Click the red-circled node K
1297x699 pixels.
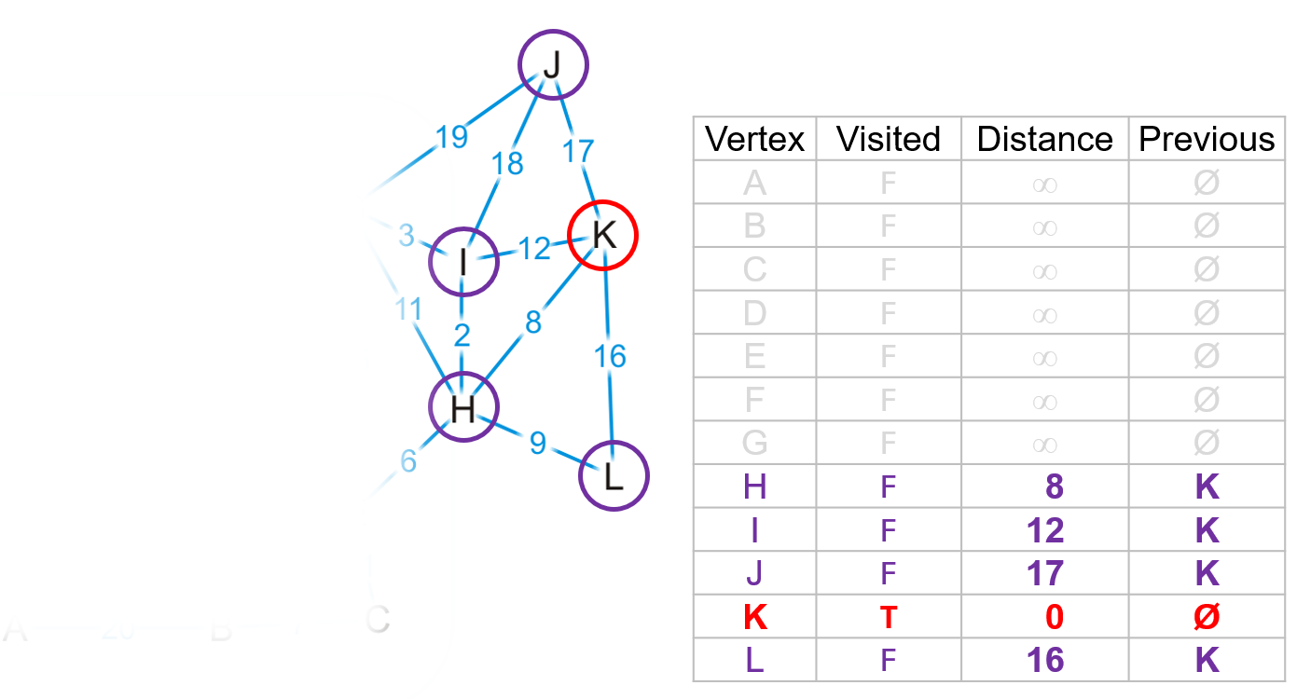pos(603,235)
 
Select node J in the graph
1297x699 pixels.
pos(554,65)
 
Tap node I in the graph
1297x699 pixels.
pos(463,264)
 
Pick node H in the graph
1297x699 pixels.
pos(463,407)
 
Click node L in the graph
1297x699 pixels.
pos(613,476)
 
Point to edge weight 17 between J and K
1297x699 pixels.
pos(578,149)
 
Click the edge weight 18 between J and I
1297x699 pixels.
pos(507,163)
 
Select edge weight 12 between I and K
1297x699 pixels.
pos(534,249)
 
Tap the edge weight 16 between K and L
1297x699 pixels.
pos(610,356)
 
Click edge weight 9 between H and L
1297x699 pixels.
pos(538,443)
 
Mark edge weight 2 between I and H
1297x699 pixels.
pos(462,336)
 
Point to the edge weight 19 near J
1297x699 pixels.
pos(451,137)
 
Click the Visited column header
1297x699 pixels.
pos(888,139)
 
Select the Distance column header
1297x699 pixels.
pos(1044,139)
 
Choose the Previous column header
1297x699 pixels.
pos(1207,139)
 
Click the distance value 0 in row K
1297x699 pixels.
pos(1054,617)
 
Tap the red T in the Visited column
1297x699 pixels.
pos(888,617)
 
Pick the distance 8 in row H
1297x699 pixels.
pos(1054,487)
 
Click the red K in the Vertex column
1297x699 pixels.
pos(754,617)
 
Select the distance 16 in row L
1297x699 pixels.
pos(1045,660)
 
